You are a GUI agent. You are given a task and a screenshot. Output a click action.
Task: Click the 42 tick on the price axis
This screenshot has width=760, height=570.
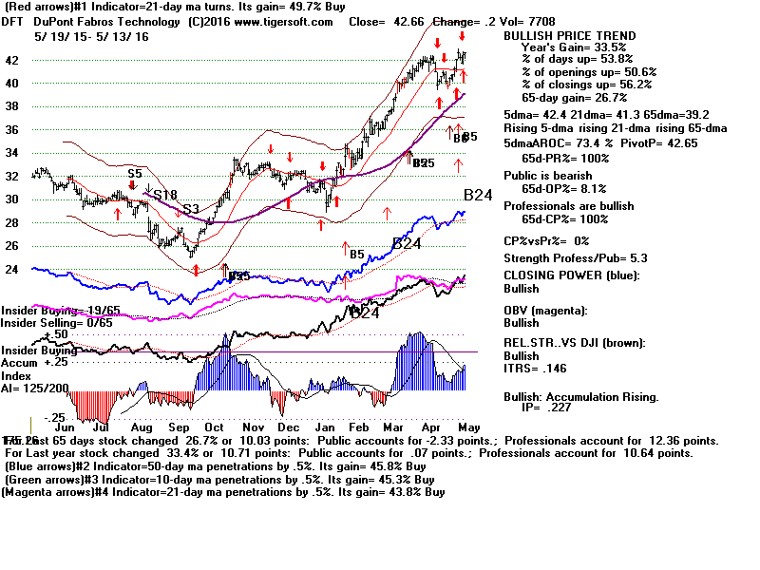13,60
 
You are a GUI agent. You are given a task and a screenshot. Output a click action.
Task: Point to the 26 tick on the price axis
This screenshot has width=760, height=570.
13,245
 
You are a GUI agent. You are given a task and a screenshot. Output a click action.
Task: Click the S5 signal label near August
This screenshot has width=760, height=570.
134,174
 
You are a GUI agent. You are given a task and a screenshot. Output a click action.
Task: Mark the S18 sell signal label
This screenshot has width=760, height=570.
165,195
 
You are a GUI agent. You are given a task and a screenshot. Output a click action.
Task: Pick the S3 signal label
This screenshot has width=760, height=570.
190,208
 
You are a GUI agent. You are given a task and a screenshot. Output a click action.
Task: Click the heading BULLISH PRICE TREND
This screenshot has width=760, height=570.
569,36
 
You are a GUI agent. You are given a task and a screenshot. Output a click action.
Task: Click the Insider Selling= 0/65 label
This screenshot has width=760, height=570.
43,324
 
